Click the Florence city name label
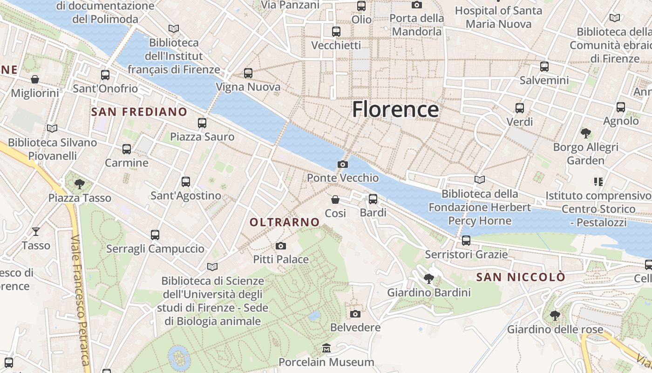395,110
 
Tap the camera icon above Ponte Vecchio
342,164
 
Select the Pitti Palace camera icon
280,246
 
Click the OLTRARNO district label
285,222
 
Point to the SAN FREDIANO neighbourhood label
139,112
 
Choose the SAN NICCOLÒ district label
520,277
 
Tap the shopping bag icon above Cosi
335,200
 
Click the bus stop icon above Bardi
373,199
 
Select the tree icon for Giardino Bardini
428,279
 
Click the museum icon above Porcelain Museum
326,348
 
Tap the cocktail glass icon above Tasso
36,231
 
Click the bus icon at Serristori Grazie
466,241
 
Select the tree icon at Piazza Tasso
80,184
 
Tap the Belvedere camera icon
355,314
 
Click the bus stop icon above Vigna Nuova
248,73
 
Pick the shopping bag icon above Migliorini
34,79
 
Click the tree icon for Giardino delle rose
554,316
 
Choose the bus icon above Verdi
519,108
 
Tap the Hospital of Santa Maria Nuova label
498,17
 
